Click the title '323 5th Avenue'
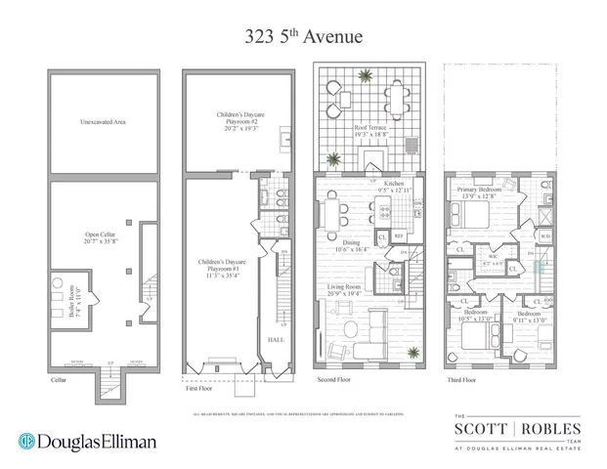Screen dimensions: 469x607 pyautogui.click(x=303, y=37)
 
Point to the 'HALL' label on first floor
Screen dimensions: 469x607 pyautogui.click(x=276, y=341)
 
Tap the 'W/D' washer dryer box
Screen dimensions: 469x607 pyautogui.click(x=543, y=235)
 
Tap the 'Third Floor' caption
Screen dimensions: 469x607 pyautogui.click(x=460, y=379)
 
